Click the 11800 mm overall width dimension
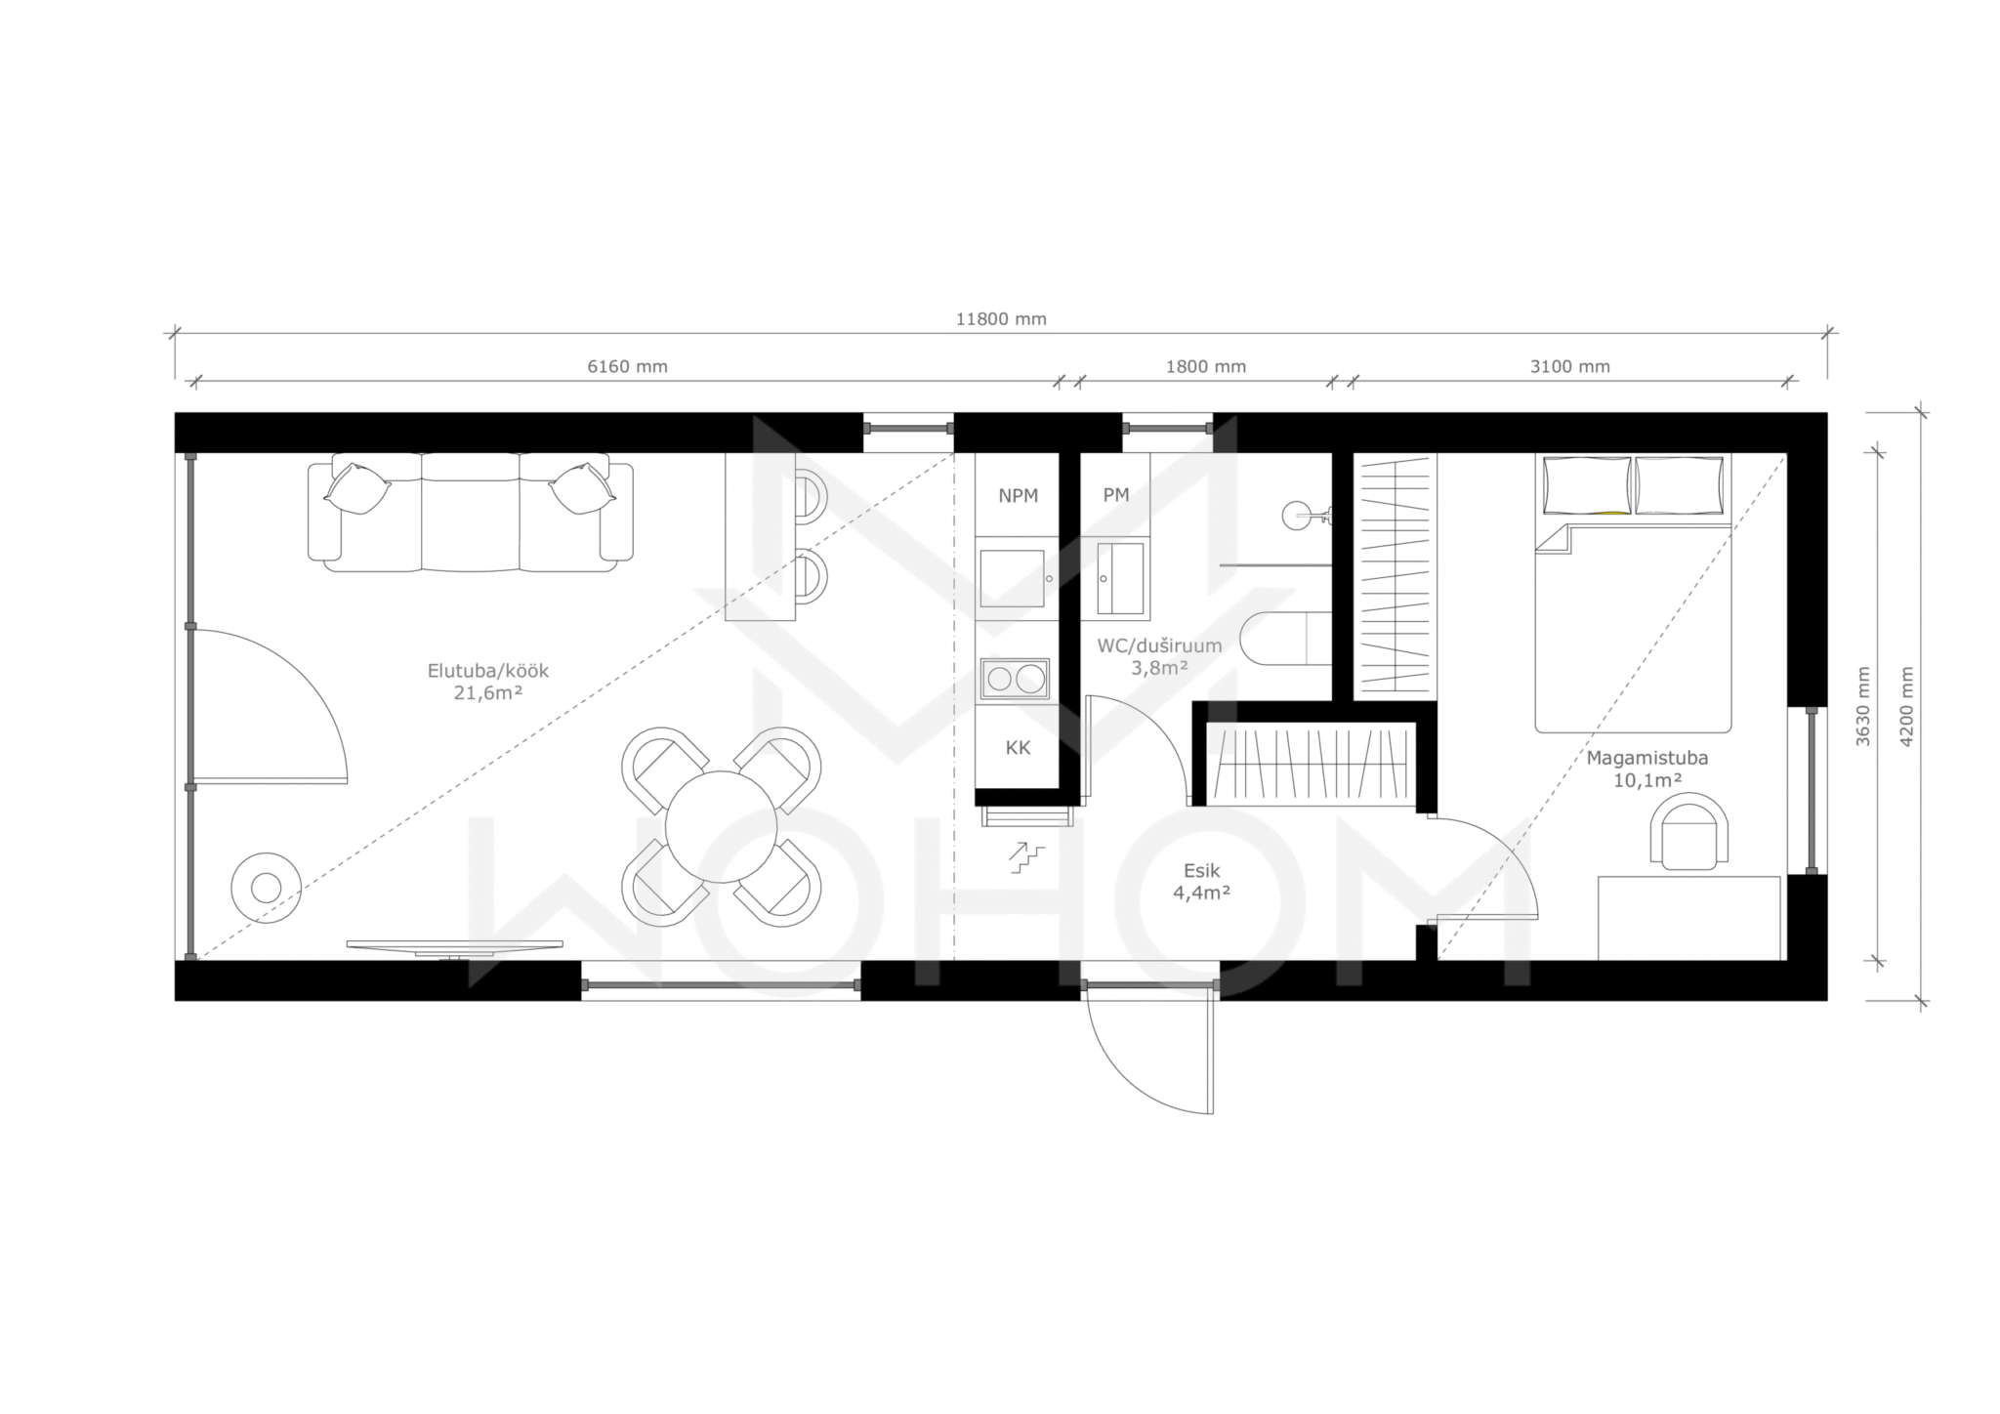[x=1001, y=319]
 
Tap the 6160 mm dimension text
[x=627, y=367]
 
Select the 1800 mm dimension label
[x=1206, y=367]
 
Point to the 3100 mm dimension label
[x=1569, y=367]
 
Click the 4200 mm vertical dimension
[x=1906, y=707]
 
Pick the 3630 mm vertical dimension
[x=1863, y=707]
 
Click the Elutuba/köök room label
[x=488, y=671]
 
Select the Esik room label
[x=1202, y=871]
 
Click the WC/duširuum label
[x=1159, y=645]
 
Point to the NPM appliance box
[x=1018, y=496]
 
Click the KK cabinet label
[x=1018, y=748]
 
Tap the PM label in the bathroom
[x=1116, y=495]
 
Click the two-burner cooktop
[x=1016, y=679]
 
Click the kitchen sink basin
[x=1013, y=577]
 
